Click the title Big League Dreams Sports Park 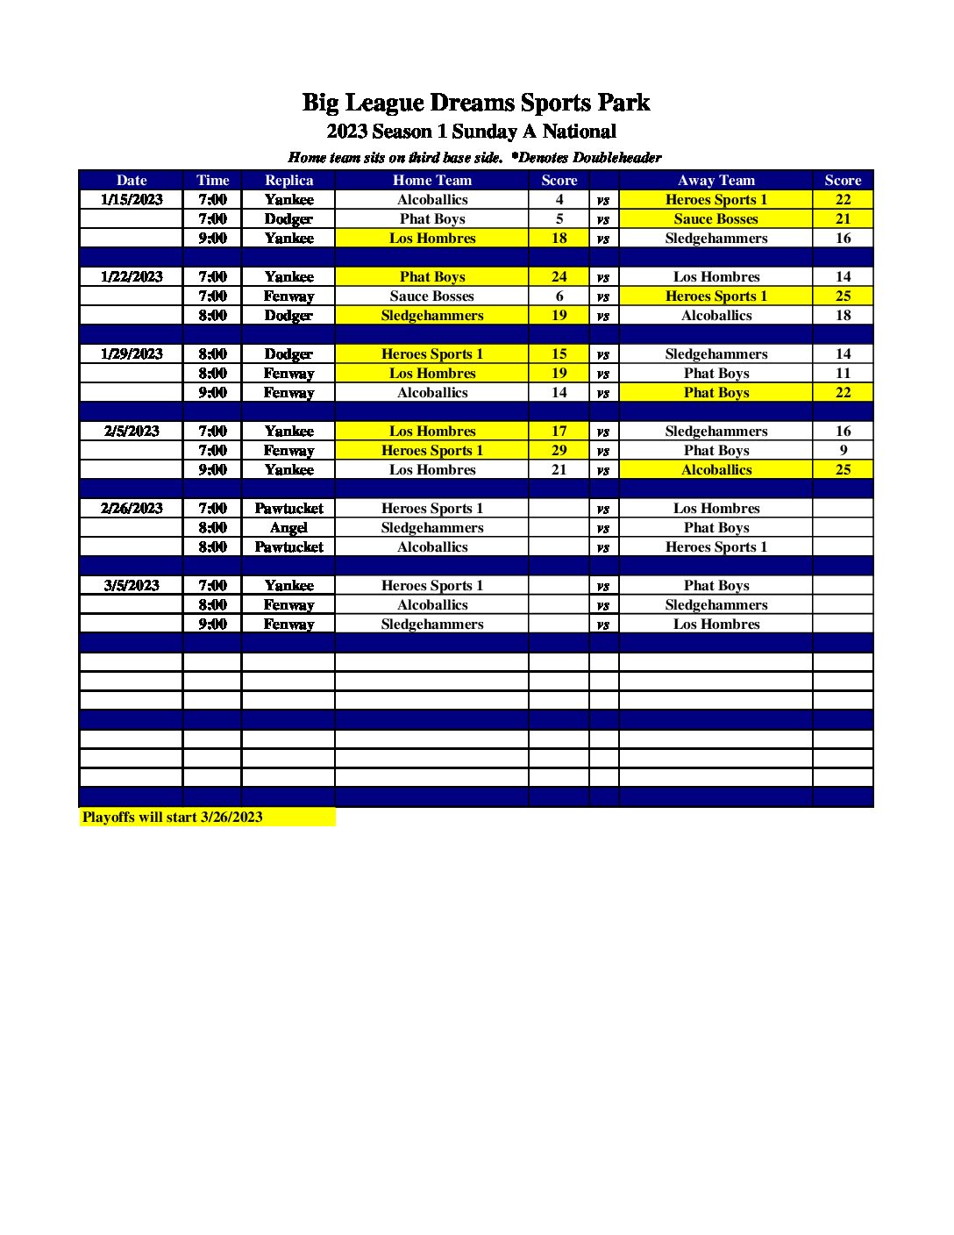click(475, 103)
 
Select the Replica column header click(288, 180)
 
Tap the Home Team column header click(431, 180)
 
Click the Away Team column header click(715, 180)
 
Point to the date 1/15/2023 click(132, 199)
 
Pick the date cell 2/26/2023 click(132, 508)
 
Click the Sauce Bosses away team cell click(715, 218)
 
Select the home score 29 click(559, 450)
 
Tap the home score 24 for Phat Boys click(559, 276)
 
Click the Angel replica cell click(288, 527)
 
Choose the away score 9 click(843, 450)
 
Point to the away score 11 click(843, 373)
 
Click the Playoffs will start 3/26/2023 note click(173, 817)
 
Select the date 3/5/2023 click(132, 585)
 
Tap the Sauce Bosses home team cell click(431, 296)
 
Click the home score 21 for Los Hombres click(559, 469)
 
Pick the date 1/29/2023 click(132, 353)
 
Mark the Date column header click(132, 180)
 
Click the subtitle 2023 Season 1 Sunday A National click(471, 132)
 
